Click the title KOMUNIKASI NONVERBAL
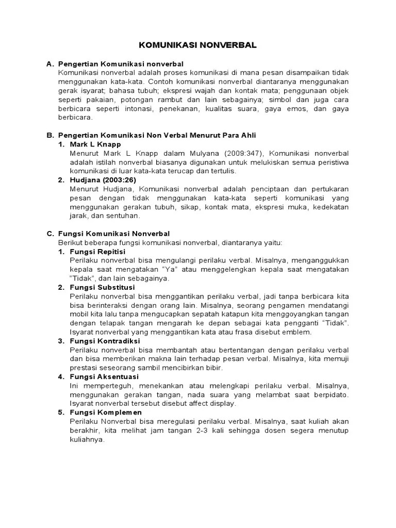tap(198, 45)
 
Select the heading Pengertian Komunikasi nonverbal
tap(121, 64)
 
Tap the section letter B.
tap(49, 135)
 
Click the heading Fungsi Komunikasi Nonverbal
tap(114, 234)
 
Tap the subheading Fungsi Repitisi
tap(98, 251)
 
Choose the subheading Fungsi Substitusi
tap(102, 287)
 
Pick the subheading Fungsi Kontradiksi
tap(105, 341)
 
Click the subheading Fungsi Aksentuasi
tap(105, 376)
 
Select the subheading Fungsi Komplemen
tap(106, 412)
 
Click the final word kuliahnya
tap(87, 440)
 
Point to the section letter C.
tap(49, 234)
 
